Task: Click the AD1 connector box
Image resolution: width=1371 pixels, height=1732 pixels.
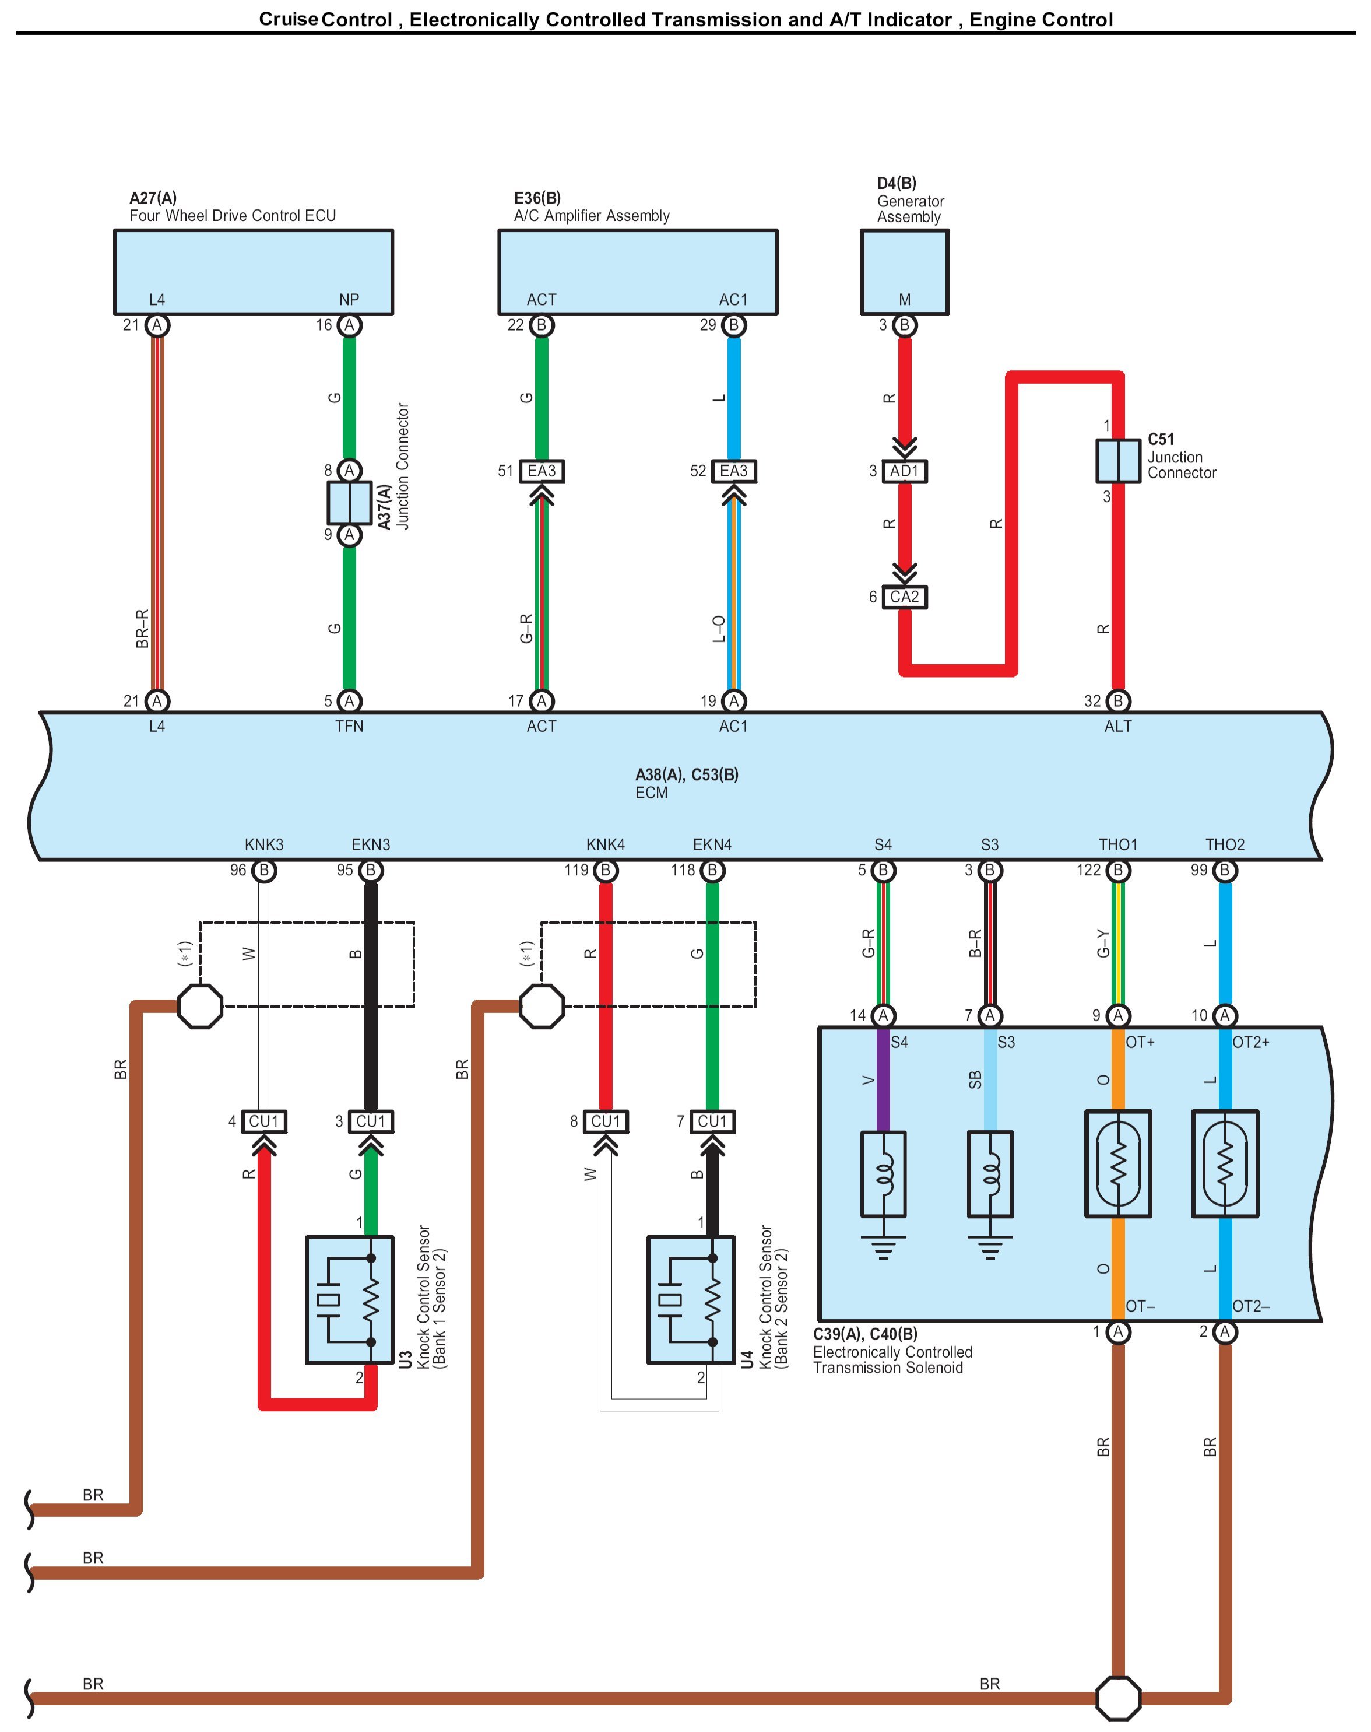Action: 904,471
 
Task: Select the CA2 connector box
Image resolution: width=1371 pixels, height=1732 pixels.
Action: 904,597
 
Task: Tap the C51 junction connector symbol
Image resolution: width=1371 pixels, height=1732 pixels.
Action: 1118,461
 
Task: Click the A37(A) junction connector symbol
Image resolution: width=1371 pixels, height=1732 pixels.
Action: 349,503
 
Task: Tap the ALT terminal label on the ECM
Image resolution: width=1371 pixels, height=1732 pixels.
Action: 1117,727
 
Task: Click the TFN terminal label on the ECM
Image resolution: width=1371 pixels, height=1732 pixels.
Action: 349,727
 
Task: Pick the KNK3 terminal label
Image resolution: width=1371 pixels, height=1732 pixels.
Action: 264,845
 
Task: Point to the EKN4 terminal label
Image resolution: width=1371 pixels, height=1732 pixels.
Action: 712,845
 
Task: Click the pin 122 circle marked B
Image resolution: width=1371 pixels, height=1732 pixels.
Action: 1118,871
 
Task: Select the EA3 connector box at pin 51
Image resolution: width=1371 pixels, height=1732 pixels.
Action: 542,471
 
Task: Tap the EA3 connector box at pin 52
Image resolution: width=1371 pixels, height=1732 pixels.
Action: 734,471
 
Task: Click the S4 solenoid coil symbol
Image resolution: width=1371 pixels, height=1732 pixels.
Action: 883,1174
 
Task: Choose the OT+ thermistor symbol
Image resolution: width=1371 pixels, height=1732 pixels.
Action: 1118,1163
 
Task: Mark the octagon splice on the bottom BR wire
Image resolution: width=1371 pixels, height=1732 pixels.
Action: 1118,1698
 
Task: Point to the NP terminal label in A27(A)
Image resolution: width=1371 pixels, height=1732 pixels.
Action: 349,300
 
